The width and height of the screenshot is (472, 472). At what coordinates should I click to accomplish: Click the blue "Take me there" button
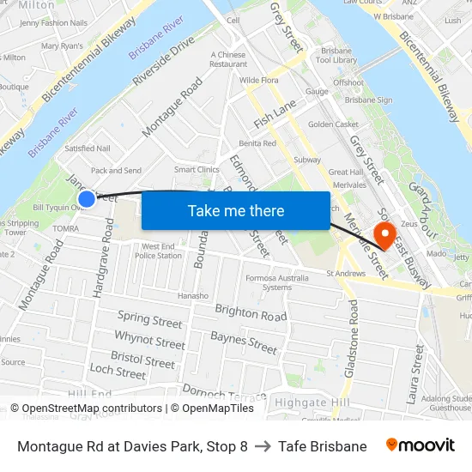[235, 210]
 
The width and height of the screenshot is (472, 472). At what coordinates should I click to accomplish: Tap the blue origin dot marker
[87, 199]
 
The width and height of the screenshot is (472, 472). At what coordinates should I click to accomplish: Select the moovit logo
[421, 445]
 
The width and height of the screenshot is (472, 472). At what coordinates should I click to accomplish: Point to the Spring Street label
[150, 320]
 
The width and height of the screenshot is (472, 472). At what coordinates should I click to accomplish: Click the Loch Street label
[118, 372]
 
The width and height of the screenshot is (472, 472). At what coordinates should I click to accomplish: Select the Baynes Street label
[244, 343]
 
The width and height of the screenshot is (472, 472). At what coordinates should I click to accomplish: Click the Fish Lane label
[275, 112]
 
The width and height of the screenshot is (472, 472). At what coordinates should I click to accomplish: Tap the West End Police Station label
[159, 251]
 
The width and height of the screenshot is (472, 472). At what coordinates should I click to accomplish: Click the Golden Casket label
[333, 124]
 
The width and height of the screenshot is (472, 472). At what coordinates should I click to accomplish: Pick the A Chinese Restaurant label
[228, 59]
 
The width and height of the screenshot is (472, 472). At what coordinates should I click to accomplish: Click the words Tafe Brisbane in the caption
[322, 446]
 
